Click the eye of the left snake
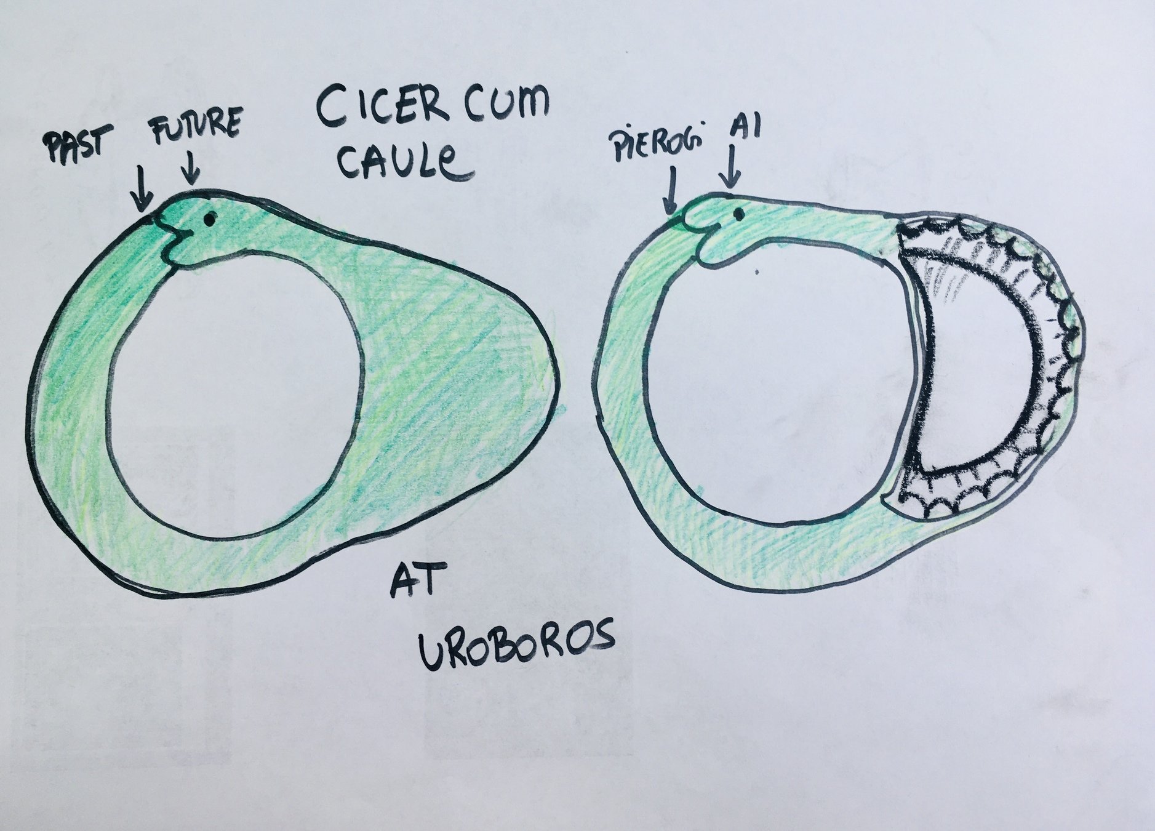click(x=210, y=218)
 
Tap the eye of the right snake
click(x=737, y=214)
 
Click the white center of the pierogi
click(x=985, y=369)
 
